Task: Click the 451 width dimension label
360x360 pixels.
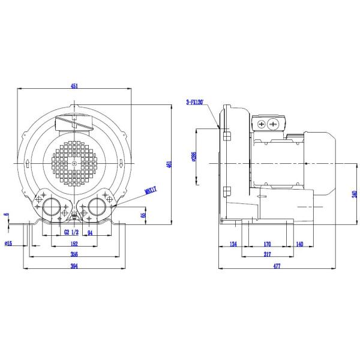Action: (74, 86)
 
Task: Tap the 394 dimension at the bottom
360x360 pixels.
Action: (74, 266)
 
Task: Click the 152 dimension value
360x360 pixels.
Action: (74, 243)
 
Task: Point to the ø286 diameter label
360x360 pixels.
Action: (193, 157)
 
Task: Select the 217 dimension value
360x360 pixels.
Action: (267, 254)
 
